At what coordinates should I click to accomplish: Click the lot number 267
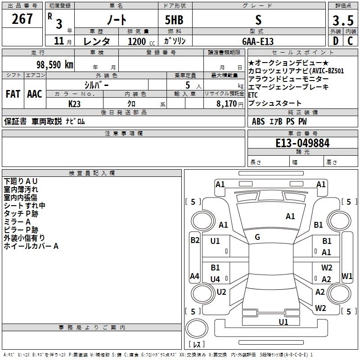click(23, 19)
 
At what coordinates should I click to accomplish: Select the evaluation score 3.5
click(342, 21)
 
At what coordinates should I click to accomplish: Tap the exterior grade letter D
click(335, 41)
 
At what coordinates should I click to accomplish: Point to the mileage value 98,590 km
click(51, 64)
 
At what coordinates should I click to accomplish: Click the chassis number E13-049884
click(302, 144)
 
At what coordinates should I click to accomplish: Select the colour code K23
click(75, 103)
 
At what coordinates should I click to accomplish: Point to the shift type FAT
click(13, 94)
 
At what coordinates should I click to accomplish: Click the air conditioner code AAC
click(34, 94)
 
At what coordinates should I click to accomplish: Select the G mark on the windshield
click(257, 237)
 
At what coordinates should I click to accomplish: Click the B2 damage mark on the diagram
click(195, 240)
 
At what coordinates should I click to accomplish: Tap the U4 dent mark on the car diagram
click(215, 279)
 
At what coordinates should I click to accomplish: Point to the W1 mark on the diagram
click(347, 275)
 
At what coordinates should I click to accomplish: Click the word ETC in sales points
click(253, 95)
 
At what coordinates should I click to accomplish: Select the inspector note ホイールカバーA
click(31, 246)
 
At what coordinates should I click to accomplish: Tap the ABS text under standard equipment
click(258, 121)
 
